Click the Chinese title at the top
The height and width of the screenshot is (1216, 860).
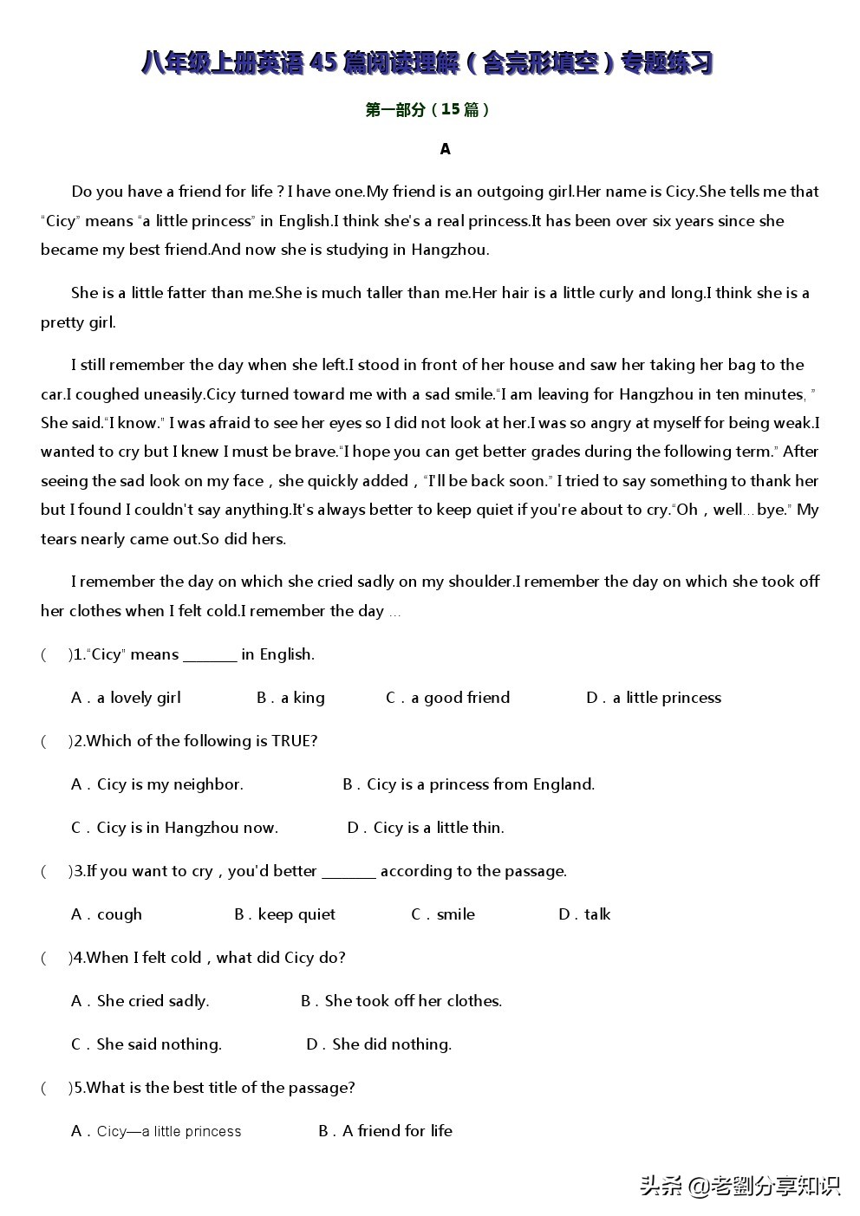428,63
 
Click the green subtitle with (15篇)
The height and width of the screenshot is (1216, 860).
428,109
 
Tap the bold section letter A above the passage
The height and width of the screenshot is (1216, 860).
445,149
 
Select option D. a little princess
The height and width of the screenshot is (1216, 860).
654,698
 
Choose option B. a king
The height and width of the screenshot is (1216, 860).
290,698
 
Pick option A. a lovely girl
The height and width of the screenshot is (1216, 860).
126,698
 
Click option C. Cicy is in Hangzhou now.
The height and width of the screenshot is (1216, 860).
174,828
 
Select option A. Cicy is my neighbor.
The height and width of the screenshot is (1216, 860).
157,784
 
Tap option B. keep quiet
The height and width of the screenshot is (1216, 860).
284,914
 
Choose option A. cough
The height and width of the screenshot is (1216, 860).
107,914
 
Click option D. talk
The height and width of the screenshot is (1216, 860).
584,914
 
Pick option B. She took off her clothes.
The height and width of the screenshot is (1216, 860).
401,1001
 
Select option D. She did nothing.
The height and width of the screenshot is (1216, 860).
379,1044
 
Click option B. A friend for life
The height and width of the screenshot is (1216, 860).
385,1131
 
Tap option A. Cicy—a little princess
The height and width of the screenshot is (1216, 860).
156,1131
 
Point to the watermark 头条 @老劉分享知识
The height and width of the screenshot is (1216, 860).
740,1186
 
